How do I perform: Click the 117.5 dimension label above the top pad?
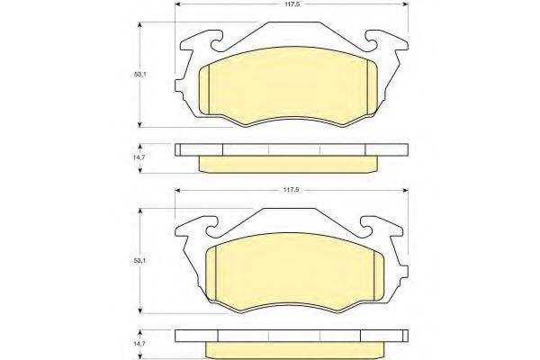tap(292, 4)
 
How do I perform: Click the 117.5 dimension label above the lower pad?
tap(292, 190)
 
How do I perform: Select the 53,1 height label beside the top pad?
tap(140, 74)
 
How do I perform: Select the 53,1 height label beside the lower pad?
tap(140, 261)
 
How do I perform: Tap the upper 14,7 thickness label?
tap(140, 157)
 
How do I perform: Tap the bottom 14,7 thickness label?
tap(140, 344)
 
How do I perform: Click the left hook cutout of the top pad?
tap(217, 41)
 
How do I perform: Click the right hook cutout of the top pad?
tap(371, 41)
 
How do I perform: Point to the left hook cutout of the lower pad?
tap(212, 228)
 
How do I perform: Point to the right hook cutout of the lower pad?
tap(367, 228)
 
